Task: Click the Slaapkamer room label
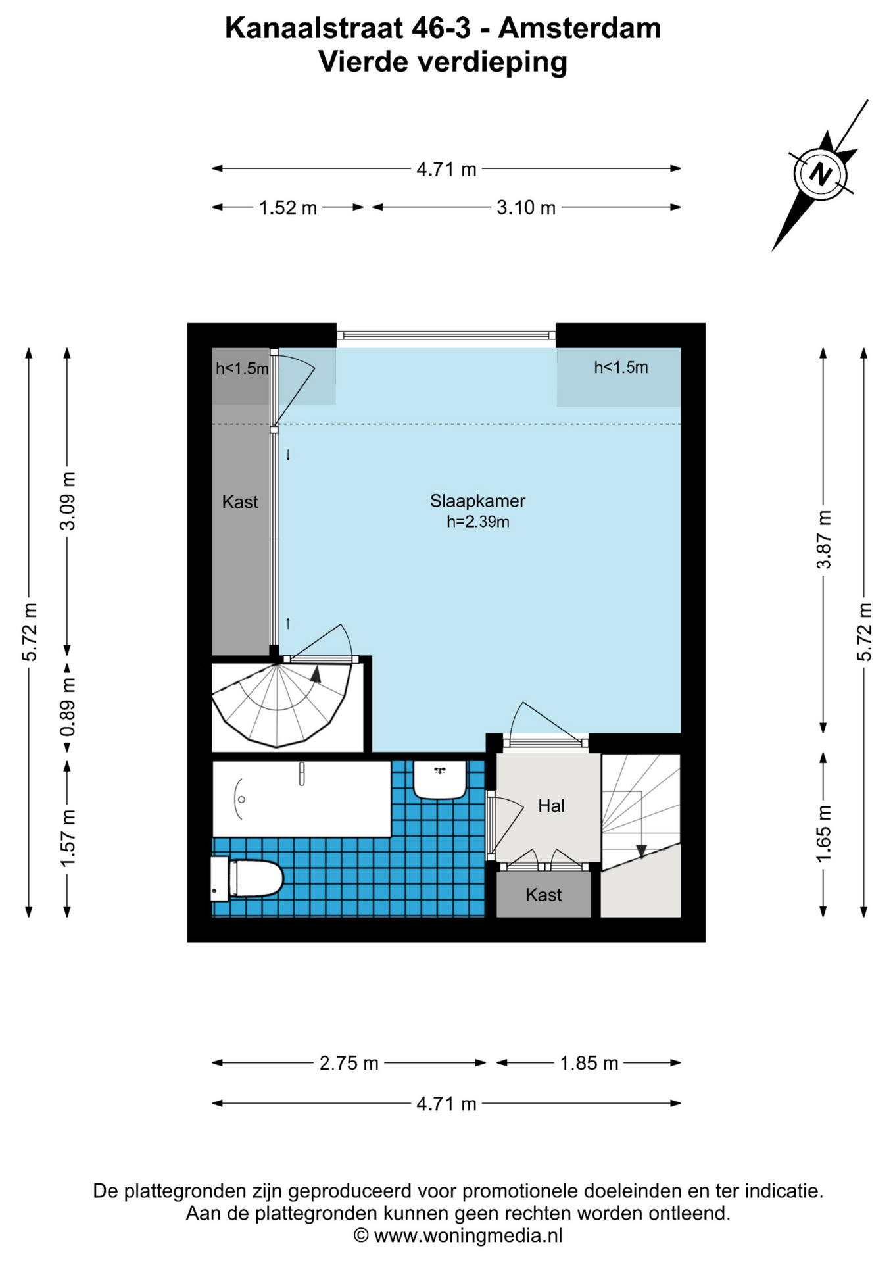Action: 477,501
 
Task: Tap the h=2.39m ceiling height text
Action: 478,522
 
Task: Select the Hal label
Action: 551,806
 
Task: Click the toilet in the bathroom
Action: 247,878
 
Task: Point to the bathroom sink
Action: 440,780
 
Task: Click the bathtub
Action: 302,799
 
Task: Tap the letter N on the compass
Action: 820,174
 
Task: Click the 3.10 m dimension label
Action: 526,208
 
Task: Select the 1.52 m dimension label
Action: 287,208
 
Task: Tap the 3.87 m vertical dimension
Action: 823,539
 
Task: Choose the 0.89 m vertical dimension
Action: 67,707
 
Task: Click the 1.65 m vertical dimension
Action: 823,833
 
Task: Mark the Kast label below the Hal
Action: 544,895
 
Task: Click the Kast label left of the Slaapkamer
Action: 240,502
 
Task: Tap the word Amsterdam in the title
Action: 579,28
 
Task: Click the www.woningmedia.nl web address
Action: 468,1235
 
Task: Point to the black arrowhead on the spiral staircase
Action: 316,674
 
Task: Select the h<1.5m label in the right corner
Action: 621,368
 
